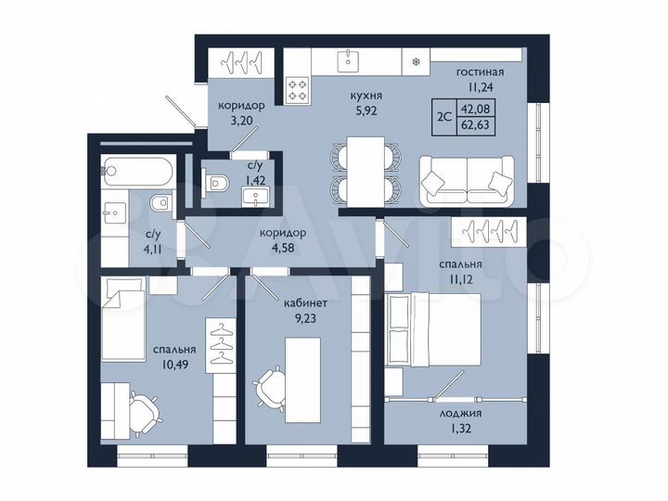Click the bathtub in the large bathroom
click(135, 172)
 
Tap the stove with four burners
click(299, 91)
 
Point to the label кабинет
click(307, 302)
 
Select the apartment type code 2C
click(444, 117)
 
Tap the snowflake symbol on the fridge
click(415, 62)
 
